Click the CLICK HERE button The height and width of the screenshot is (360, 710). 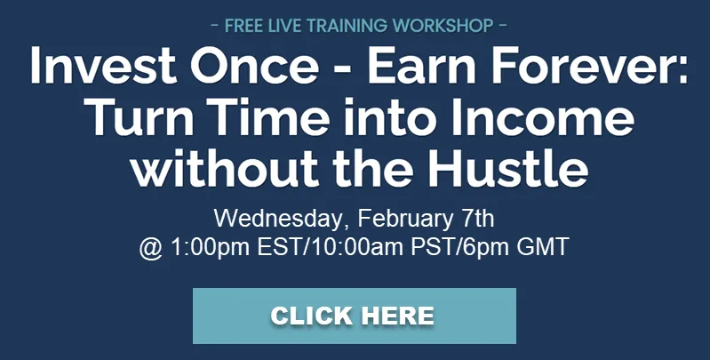[x=354, y=316]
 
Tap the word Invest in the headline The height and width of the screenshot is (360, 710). [x=103, y=65]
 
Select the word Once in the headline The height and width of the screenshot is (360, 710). [x=254, y=65]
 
